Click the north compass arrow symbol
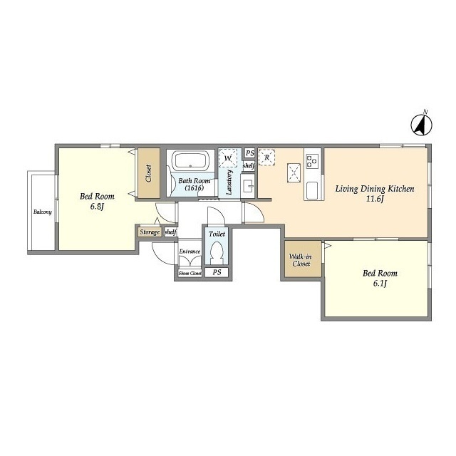click(x=421, y=125)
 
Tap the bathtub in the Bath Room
click(x=190, y=161)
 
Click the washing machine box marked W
click(x=228, y=158)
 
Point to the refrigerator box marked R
click(x=266, y=157)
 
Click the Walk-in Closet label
click(x=301, y=260)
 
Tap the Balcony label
click(x=43, y=212)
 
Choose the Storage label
click(x=150, y=232)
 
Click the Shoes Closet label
click(x=190, y=274)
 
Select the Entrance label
click(x=190, y=252)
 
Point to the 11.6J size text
click(x=375, y=199)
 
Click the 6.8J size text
click(x=97, y=207)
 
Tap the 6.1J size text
click(x=380, y=284)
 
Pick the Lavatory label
click(x=229, y=182)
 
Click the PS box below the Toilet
click(x=217, y=272)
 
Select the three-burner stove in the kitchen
click(x=312, y=160)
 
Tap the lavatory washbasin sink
click(x=248, y=186)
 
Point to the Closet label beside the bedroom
click(x=149, y=174)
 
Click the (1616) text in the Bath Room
click(x=195, y=188)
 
